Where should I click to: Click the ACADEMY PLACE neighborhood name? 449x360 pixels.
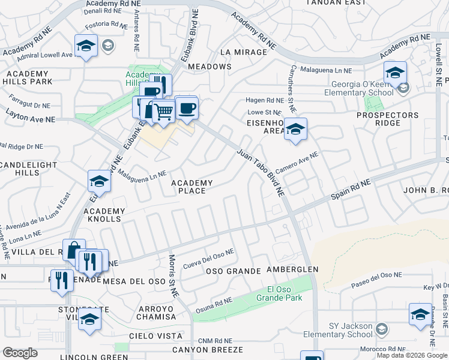tap(192, 187)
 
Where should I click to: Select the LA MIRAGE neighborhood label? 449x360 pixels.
tap(243, 52)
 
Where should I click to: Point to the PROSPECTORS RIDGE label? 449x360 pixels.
tap(387, 119)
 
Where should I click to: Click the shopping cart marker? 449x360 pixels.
tap(164, 110)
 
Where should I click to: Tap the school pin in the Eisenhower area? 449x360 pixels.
tap(295, 129)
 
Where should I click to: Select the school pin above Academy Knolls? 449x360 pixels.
tap(100, 181)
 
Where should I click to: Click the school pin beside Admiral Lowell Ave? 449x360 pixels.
tap(86, 46)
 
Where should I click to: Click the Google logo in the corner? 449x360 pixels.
tap(20, 353)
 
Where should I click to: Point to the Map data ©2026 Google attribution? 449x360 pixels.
tap(411, 355)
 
